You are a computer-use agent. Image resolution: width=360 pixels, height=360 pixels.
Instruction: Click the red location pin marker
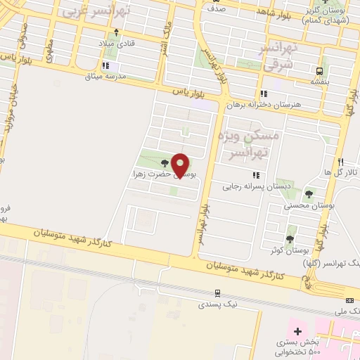[x=181, y=165]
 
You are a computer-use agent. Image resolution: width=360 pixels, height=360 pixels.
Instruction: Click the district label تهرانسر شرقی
[x=279, y=55]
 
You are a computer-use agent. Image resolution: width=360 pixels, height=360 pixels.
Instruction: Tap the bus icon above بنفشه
[x=320, y=71]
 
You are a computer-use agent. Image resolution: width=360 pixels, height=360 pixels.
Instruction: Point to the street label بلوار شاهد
[x=273, y=12]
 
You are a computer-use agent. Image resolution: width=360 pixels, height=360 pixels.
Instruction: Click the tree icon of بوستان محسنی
[x=309, y=194]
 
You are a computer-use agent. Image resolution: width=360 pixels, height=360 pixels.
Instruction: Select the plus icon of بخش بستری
[x=297, y=330]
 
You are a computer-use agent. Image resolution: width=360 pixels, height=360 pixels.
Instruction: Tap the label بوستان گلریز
[x=332, y=13]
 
